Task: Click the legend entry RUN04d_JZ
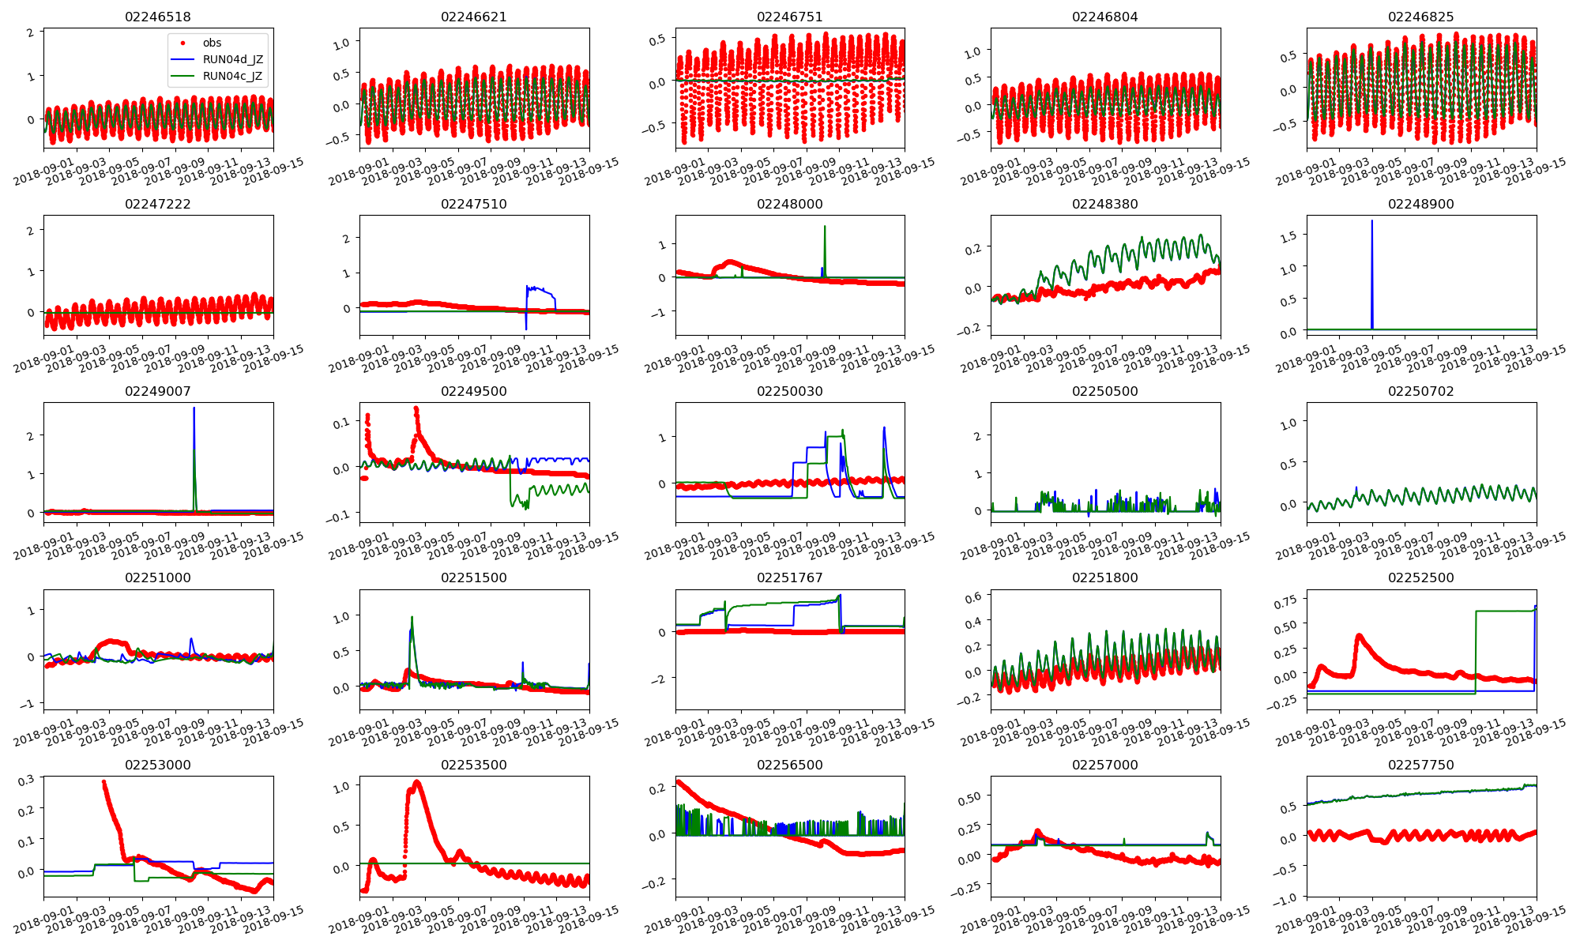[232, 59]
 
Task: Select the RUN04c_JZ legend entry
[232, 76]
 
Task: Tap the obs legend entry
[212, 43]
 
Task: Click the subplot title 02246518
[158, 17]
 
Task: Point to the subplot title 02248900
[1420, 204]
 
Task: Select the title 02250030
[789, 391]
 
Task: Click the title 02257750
[1420, 765]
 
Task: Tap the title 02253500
[474, 765]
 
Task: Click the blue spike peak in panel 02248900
[1371, 221]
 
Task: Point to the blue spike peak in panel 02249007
[194, 408]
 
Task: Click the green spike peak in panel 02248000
[825, 227]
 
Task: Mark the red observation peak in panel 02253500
[417, 782]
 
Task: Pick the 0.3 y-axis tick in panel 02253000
[25, 780]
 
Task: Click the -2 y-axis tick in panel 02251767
[661, 679]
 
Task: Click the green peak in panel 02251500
[412, 617]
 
